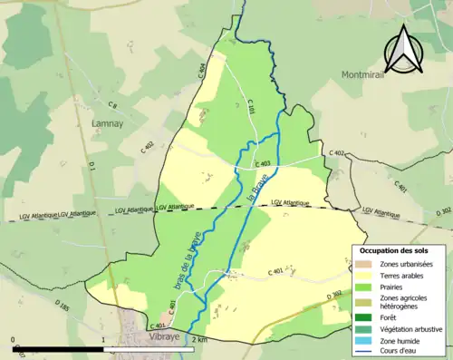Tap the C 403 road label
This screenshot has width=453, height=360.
click(x=263, y=163)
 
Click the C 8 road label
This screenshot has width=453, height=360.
click(x=112, y=107)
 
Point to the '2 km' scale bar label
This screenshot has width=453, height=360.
click(x=200, y=339)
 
